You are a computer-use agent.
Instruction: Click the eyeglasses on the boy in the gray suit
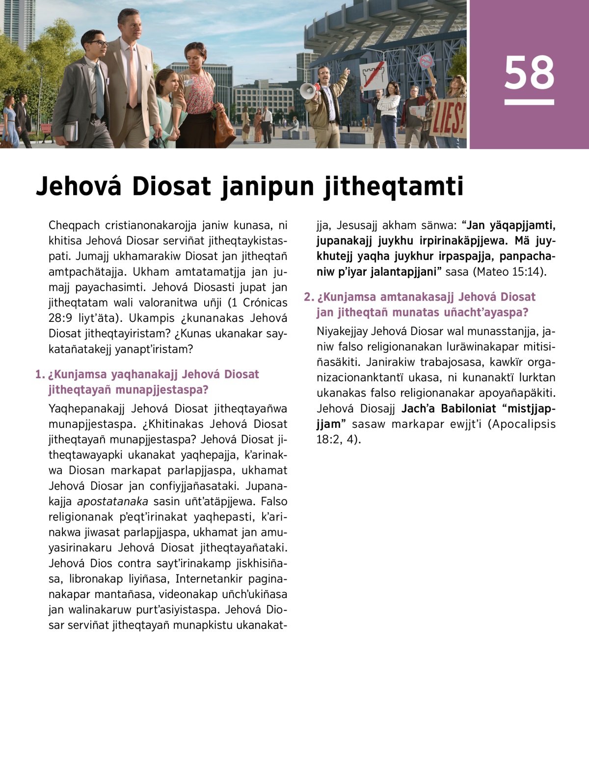tap(98, 44)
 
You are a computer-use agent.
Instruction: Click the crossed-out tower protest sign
tap(375, 76)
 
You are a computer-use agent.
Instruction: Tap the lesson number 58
tap(529, 73)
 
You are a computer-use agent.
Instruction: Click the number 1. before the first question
tap(40, 375)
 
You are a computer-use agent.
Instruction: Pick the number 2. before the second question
tap(308, 297)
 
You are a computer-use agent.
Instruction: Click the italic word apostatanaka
tap(112, 501)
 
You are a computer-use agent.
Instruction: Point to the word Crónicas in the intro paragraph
tap(265, 303)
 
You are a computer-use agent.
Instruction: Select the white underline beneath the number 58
tap(529, 103)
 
